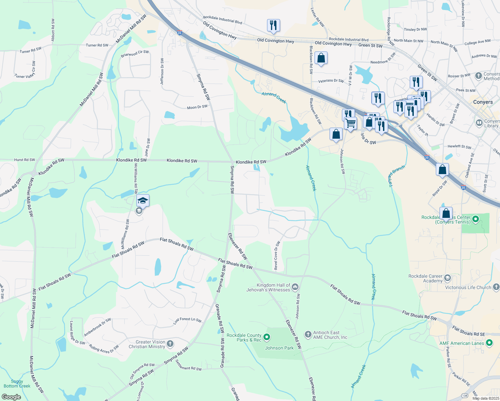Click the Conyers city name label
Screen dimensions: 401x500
point(483,102)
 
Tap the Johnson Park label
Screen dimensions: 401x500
point(279,348)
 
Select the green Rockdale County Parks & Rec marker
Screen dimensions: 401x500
point(267,338)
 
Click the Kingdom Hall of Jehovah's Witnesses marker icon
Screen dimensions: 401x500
point(295,287)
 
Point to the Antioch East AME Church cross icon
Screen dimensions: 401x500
point(308,334)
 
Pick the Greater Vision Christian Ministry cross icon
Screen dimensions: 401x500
point(170,344)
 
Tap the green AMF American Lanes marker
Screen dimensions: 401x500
point(490,343)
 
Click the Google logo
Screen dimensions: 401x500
point(11,397)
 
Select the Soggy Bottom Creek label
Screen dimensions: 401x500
point(17,384)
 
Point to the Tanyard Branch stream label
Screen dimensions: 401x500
point(397,176)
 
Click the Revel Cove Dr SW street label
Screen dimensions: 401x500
point(277,255)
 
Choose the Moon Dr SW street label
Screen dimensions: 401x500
point(197,107)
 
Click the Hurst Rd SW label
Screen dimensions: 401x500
point(24,160)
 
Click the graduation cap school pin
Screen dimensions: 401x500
point(143,200)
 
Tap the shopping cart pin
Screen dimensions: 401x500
point(350,123)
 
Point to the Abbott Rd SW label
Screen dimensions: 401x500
point(53,30)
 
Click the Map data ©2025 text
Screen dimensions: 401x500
point(485,398)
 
